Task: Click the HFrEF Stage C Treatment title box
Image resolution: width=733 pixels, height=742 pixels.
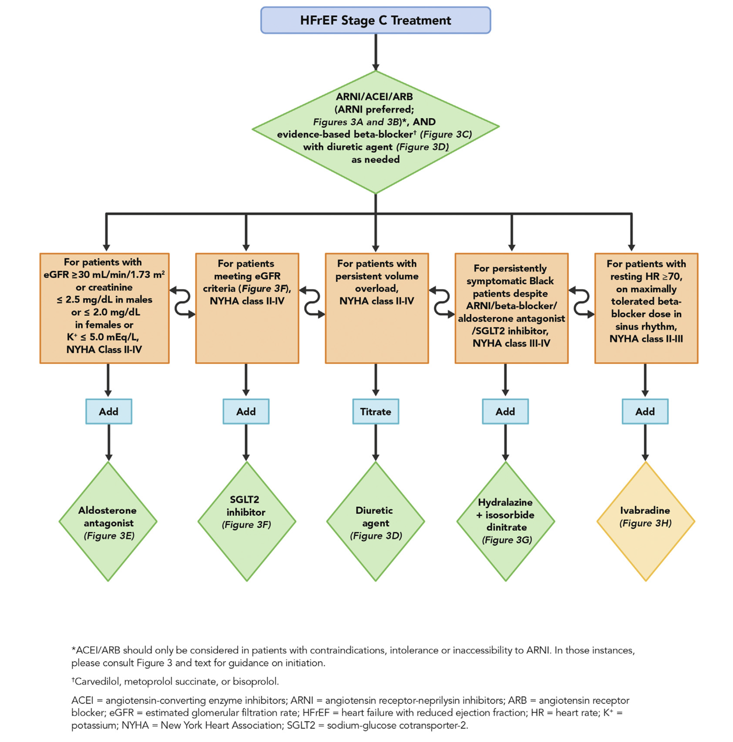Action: click(x=375, y=20)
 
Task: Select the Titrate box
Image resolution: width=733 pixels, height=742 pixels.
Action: click(x=375, y=411)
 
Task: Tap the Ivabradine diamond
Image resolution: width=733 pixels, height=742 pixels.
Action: click(x=645, y=521)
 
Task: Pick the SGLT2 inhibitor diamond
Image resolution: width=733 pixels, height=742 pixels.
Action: click(x=246, y=521)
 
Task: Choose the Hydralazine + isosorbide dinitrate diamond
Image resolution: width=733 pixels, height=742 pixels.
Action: click(x=505, y=521)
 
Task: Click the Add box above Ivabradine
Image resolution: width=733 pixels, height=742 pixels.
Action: click(x=645, y=411)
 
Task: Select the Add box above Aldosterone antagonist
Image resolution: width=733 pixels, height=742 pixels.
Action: click(x=109, y=411)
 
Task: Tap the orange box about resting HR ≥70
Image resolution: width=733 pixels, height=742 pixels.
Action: click(x=646, y=308)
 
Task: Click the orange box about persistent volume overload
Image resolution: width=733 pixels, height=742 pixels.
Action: click(x=376, y=308)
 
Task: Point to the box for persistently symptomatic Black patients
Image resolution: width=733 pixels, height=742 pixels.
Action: click(x=511, y=308)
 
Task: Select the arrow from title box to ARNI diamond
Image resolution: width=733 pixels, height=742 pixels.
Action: click(x=376, y=52)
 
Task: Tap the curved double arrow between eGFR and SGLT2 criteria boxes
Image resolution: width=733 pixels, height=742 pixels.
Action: click(x=183, y=302)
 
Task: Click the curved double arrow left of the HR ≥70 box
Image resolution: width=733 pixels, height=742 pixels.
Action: click(x=581, y=302)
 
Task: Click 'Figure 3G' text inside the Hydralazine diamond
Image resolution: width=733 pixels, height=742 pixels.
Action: click(x=507, y=540)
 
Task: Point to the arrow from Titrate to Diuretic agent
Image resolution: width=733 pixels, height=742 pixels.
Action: click(x=376, y=442)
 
